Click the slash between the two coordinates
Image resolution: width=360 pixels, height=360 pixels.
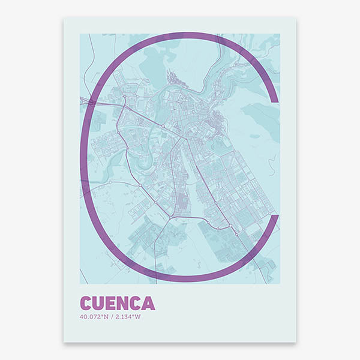pos(113,317)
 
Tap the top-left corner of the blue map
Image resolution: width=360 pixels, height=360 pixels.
pos(80,34)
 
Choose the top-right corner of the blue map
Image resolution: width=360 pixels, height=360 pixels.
pos(280,34)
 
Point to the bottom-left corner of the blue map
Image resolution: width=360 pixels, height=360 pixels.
pos(80,284)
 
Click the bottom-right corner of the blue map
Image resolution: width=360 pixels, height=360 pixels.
pos(280,284)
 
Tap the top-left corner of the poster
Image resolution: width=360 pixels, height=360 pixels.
pos(64,17)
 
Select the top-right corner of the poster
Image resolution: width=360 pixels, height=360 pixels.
pos(296,17)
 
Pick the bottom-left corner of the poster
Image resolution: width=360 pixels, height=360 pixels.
pos(64,343)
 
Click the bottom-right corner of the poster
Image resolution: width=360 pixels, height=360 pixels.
pos(296,343)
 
